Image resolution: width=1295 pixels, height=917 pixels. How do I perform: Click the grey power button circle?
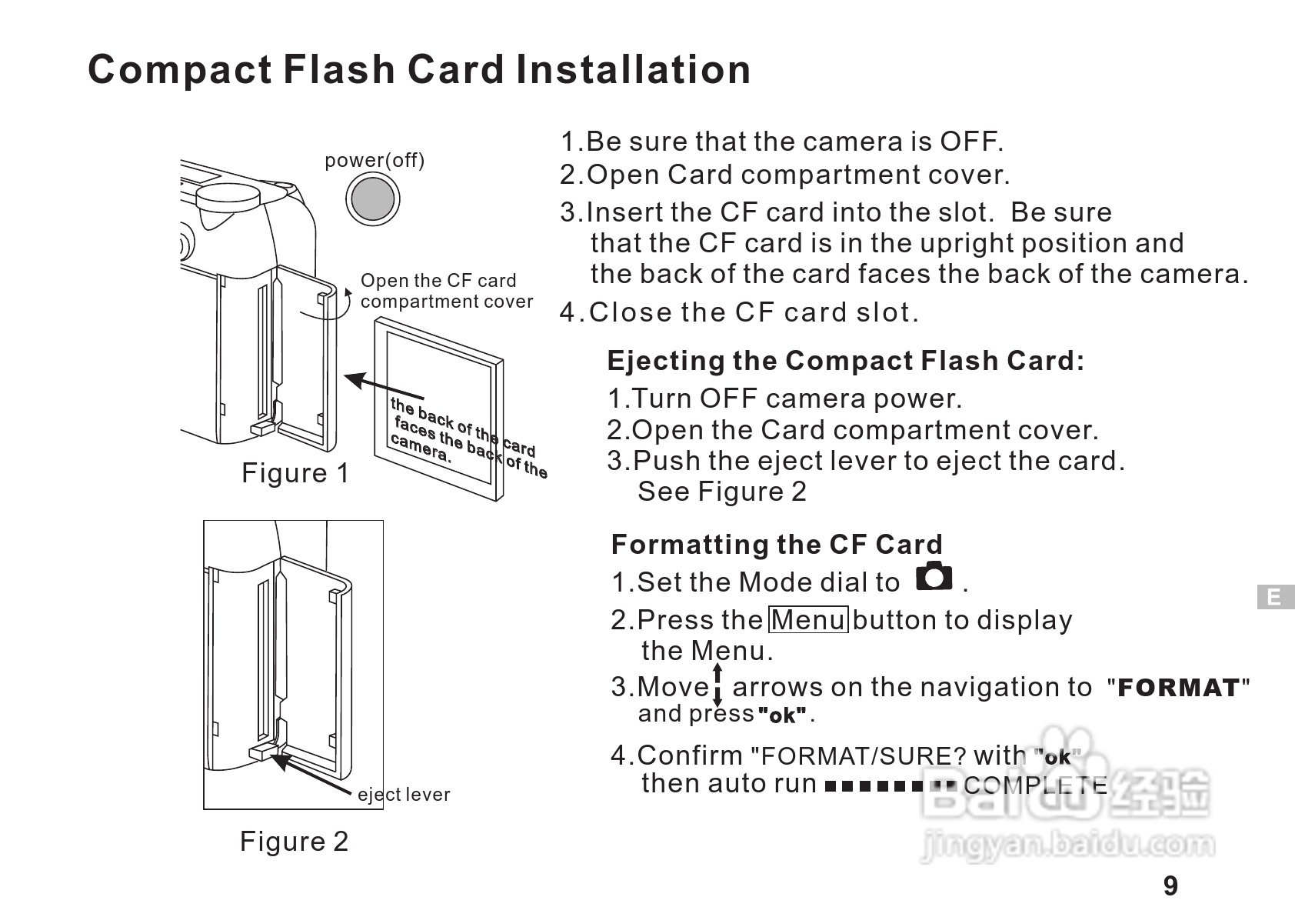coord(373,198)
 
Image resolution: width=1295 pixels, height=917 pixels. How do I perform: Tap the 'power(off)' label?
coord(375,160)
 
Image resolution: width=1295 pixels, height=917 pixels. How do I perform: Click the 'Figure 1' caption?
coord(295,473)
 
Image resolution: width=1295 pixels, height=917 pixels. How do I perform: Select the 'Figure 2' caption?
coord(294,841)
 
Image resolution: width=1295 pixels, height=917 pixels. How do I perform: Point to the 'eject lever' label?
coord(404,795)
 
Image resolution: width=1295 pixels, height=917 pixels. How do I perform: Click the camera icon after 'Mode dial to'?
coord(934,576)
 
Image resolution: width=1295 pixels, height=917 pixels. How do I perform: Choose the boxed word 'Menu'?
coord(809,619)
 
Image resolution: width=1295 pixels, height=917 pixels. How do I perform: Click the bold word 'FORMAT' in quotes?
coord(1178,688)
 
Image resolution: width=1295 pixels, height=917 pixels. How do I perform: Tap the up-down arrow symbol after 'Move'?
coord(717,685)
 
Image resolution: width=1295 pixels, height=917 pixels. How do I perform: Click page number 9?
coord(1170,886)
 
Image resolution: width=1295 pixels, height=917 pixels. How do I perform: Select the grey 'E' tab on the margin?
coord(1274,597)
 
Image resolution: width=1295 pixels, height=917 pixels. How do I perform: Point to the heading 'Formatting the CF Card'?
coord(777,545)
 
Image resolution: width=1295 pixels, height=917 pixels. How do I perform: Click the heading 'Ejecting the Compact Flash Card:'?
coord(846,361)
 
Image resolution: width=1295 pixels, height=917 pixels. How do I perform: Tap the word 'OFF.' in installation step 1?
coord(972,142)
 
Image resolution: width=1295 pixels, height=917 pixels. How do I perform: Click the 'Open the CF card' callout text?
coord(438,281)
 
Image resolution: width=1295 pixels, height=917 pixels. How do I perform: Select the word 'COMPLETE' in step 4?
coord(1035,785)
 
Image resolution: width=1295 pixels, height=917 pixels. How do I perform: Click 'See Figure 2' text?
coord(722,492)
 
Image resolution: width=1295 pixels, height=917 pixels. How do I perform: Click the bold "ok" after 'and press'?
coord(782,715)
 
